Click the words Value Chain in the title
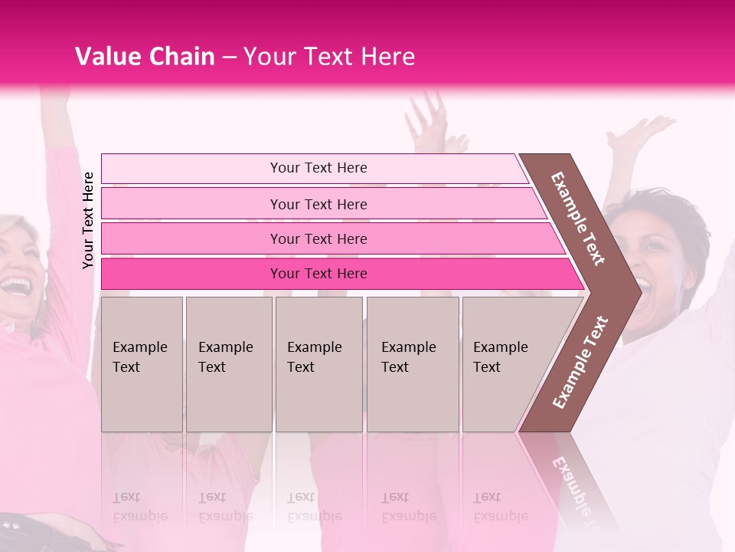(145, 57)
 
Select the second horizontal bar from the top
(318, 204)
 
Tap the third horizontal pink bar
(318, 238)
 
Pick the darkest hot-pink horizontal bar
(318, 274)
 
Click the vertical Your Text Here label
(88, 220)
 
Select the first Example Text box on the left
(142, 364)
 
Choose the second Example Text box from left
(228, 364)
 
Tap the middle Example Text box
(318, 364)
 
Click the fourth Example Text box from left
(412, 364)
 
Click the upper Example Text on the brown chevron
(578, 219)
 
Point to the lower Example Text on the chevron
(580, 362)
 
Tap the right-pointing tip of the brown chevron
(637, 291)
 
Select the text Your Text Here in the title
(329, 57)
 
